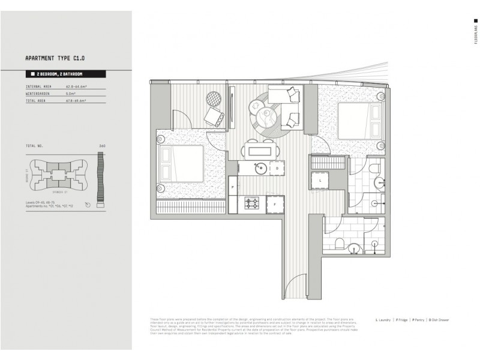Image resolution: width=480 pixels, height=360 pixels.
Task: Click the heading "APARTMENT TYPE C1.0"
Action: click(x=55, y=59)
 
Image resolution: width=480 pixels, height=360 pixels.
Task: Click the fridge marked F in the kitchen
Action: click(x=274, y=204)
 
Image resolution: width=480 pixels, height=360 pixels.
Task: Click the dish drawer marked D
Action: click(x=276, y=169)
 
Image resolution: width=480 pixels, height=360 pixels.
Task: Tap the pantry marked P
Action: click(x=232, y=188)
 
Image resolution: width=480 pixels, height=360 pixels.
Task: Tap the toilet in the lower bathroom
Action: click(x=340, y=244)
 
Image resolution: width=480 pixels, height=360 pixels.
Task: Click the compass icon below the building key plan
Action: click(x=89, y=205)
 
